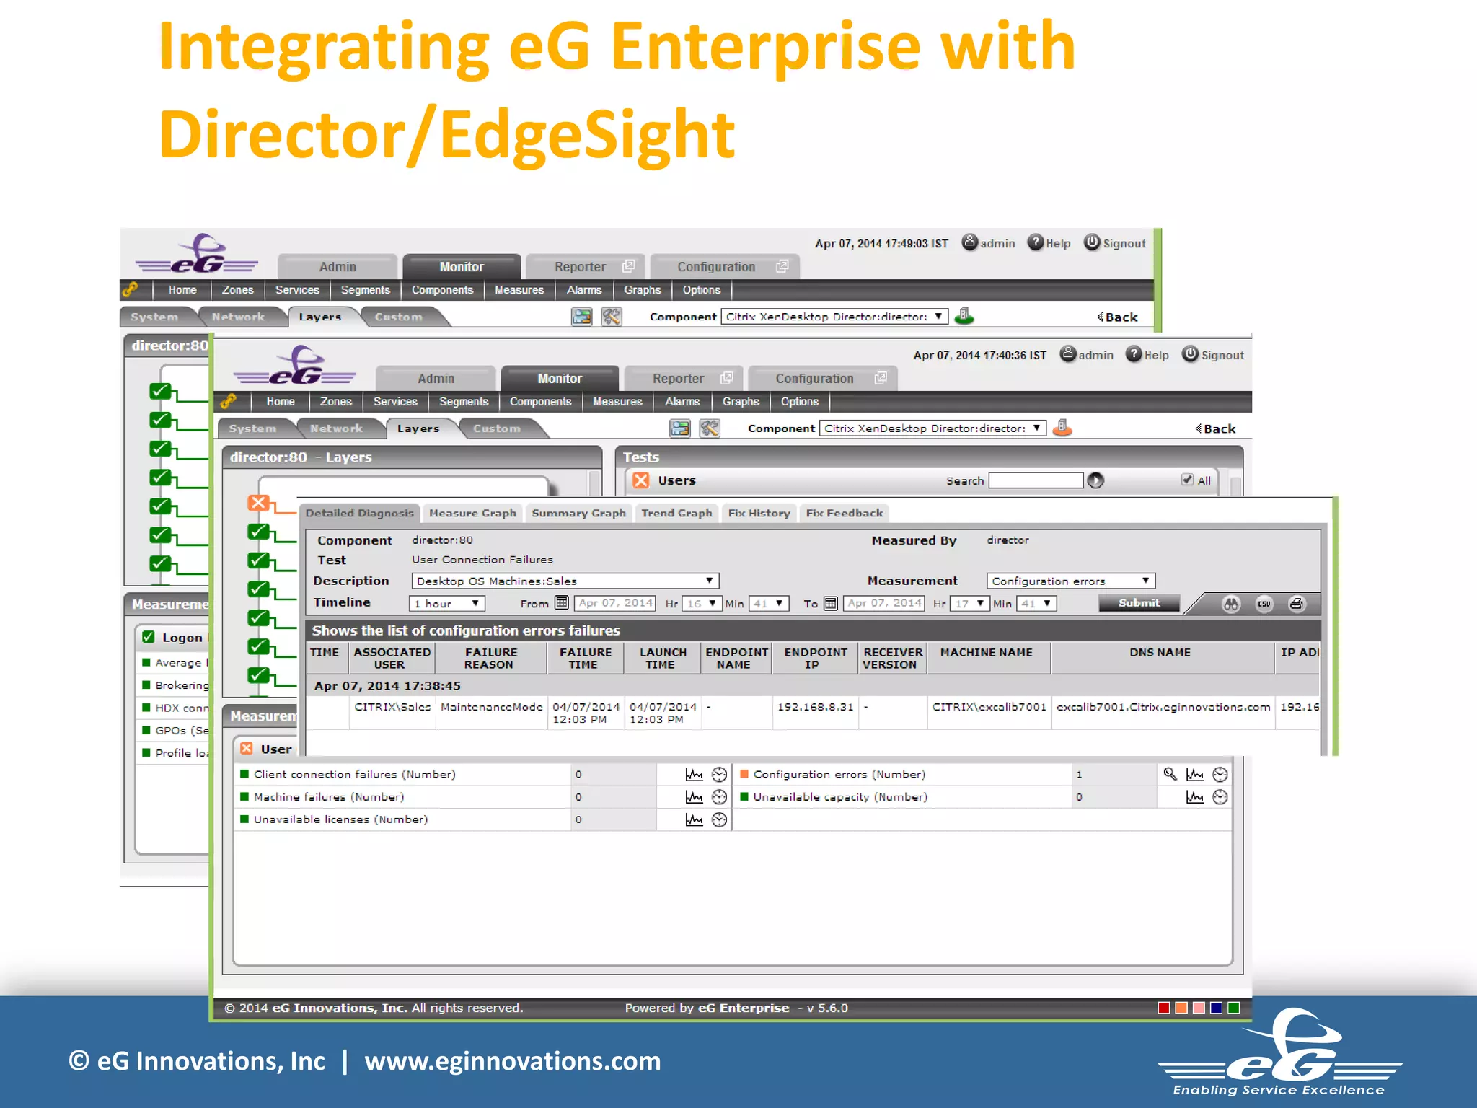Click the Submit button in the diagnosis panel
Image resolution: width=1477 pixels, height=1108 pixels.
(1139, 603)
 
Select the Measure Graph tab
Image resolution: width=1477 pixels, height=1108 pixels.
(472, 513)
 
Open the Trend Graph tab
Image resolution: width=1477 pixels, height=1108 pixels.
(676, 513)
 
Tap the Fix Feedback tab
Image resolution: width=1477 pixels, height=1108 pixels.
(844, 513)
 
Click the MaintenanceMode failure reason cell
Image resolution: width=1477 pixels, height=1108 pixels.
(491, 707)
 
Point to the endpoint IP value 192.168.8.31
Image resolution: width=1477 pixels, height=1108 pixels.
(815, 707)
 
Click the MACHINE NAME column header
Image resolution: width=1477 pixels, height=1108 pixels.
(986, 652)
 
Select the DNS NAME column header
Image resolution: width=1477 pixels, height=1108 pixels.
(1160, 652)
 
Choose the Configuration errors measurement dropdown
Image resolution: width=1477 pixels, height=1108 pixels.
(1070, 581)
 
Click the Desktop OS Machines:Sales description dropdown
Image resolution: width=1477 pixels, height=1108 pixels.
(565, 581)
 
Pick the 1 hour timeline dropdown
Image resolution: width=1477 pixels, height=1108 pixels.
(446, 604)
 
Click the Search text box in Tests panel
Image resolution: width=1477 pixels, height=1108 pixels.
(1036, 480)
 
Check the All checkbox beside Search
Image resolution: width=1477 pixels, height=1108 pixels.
(1187, 480)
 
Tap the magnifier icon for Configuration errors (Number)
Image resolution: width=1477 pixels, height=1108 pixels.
(1170, 774)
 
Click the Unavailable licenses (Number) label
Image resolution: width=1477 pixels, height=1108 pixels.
(340, 819)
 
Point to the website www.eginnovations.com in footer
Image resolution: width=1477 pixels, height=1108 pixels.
(512, 1061)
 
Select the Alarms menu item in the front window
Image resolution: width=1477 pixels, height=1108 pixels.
(682, 402)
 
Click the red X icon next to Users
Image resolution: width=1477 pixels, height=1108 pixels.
(640, 480)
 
